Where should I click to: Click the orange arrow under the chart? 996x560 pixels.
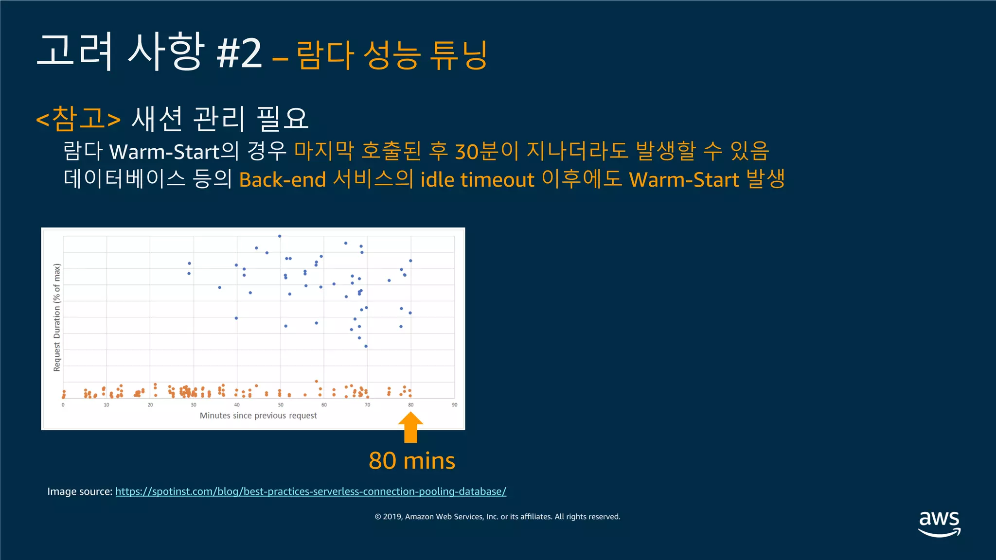point(410,427)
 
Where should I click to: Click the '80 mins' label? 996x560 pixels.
point(411,460)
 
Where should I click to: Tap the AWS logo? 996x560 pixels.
point(939,523)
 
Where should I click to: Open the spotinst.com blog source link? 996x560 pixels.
point(310,491)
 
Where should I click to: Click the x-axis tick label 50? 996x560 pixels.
point(281,405)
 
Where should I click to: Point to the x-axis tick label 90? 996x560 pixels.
point(454,405)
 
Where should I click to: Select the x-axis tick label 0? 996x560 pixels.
point(63,405)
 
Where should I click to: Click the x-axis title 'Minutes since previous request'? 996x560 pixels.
point(258,416)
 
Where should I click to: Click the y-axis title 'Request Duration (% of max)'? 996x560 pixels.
point(57,317)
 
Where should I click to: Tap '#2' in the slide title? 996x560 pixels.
point(239,53)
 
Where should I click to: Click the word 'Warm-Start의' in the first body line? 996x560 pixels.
point(174,152)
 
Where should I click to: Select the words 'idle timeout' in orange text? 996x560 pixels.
point(477,180)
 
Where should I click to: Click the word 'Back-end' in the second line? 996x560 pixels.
point(282,180)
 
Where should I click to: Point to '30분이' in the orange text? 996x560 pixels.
point(487,152)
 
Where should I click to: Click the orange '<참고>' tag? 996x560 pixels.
point(78,119)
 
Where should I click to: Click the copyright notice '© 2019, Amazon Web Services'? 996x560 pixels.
point(497,517)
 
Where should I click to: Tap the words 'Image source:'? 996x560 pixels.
point(79,491)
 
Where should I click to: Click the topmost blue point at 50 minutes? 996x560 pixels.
point(280,236)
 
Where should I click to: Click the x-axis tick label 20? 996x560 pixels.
point(150,405)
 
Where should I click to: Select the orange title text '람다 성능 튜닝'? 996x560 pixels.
point(391,55)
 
